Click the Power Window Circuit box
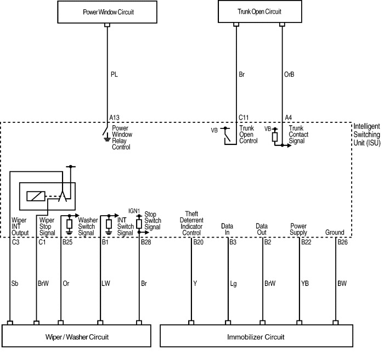pyautogui.click(x=108, y=12)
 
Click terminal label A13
pyautogui.click(x=115, y=117)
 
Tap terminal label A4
pyautogui.click(x=289, y=117)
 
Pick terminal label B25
pyautogui.click(x=67, y=241)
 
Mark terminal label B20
pyautogui.click(x=198, y=241)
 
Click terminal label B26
pyautogui.click(x=342, y=241)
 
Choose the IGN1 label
pyautogui.click(x=134, y=211)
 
